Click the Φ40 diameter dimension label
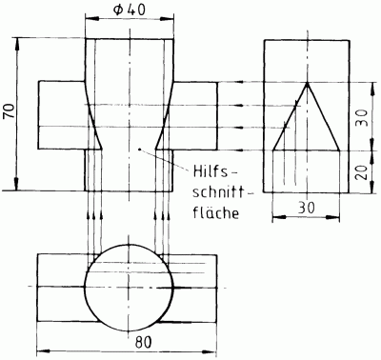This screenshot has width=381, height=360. (130, 10)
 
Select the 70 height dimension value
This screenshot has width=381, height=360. (10, 110)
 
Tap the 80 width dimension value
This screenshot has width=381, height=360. (144, 343)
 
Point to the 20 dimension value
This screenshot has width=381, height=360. (361, 172)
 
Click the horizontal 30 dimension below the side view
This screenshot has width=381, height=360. (307, 208)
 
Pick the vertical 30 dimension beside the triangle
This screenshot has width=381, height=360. (361, 118)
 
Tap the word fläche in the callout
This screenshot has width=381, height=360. (215, 212)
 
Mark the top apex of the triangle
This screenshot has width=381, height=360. (307, 83)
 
